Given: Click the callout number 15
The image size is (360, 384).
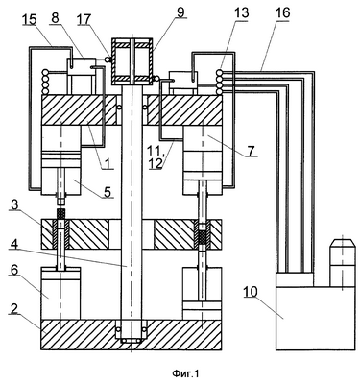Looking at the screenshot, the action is (x=29, y=20).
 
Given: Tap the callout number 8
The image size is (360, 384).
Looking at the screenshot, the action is (x=55, y=18).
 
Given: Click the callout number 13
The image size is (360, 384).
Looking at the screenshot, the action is (x=241, y=13).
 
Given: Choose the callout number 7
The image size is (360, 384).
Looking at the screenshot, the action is (x=252, y=150).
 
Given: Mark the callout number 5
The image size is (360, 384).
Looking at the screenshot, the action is (x=108, y=192).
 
